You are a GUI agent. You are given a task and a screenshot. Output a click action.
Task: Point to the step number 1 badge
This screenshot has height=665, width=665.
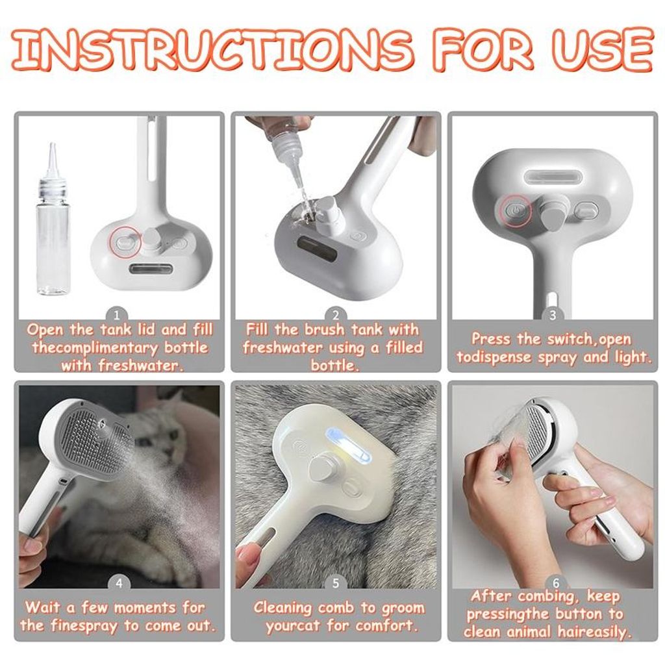pos(118,316)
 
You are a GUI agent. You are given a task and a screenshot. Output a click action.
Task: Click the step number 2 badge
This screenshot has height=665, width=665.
pos(336,316)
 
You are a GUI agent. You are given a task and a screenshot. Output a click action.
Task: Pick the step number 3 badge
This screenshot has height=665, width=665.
pos(552,315)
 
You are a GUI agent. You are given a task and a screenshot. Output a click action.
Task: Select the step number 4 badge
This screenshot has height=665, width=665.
pos(119,584)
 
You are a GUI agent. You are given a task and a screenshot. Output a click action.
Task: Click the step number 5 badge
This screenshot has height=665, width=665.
pos(336,584)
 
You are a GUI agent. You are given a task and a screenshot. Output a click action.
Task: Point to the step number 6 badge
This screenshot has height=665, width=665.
pos(556,584)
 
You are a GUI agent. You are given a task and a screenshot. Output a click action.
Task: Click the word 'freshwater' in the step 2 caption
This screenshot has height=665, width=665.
pos(282,348)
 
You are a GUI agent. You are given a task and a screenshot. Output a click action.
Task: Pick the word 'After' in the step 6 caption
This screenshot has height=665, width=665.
pos(492,596)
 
